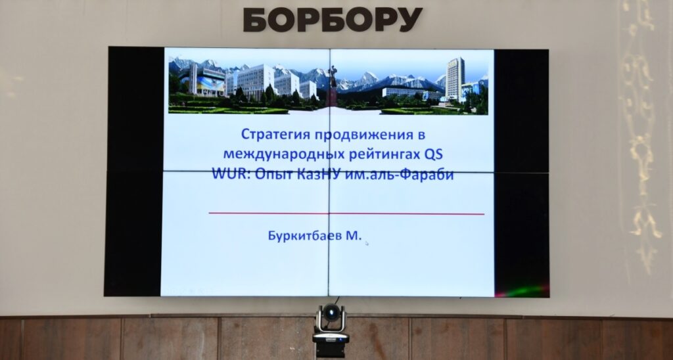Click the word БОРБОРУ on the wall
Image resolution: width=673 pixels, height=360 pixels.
(333, 20)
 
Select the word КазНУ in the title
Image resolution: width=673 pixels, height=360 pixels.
(319, 175)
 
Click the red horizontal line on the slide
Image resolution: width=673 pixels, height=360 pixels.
(346, 214)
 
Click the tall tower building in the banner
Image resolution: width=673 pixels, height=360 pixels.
(455, 79)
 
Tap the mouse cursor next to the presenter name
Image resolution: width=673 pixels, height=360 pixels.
(367, 243)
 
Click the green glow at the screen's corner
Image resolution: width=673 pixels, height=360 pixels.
(521, 292)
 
